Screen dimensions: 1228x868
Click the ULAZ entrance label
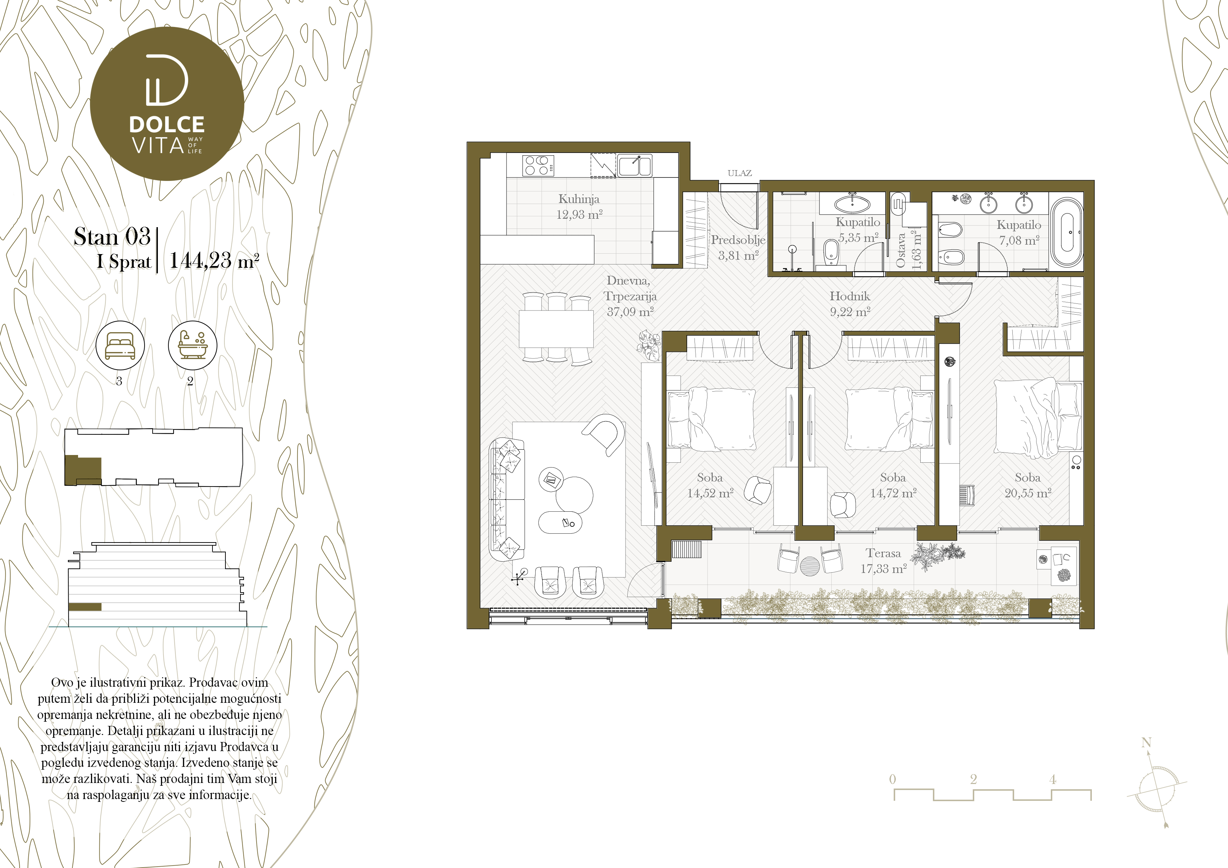point(740,173)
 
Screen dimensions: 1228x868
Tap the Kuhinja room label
point(579,199)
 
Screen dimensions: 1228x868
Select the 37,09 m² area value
point(630,312)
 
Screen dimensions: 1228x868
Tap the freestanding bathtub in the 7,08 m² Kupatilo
point(1067,233)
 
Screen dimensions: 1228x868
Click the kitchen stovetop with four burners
point(538,165)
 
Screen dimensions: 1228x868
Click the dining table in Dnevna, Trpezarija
point(556,329)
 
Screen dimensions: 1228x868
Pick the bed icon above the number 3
point(120,345)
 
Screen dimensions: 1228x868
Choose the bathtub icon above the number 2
point(193,345)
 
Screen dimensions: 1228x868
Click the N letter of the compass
point(1146,743)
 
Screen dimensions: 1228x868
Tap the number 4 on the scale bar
point(1053,779)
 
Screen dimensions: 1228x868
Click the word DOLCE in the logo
point(167,125)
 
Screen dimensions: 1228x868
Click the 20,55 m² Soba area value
point(1028,493)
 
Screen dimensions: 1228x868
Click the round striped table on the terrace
point(809,565)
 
